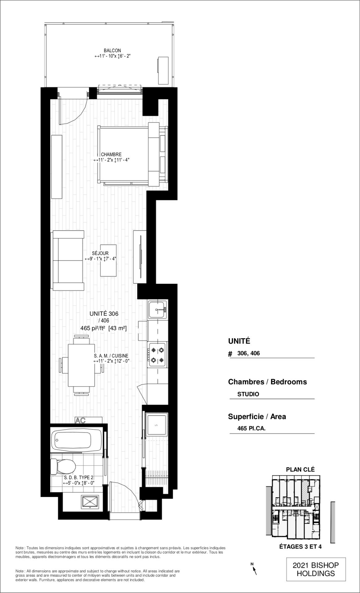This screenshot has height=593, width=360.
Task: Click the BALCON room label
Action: (112, 51)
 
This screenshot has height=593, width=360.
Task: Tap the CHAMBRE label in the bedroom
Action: (111, 154)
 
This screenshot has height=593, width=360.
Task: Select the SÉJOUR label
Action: (100, 253)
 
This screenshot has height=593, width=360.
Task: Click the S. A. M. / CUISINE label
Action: (111, 356)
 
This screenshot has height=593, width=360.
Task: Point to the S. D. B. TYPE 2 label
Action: (79, 478)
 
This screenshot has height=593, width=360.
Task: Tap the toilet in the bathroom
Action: (63, 466)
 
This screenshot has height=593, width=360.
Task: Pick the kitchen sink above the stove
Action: (158, 310)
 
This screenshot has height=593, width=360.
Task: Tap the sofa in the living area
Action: (68, 260)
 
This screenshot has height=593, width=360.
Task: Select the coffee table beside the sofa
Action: (108, 261)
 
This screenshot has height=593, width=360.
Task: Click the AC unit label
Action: (80, 420)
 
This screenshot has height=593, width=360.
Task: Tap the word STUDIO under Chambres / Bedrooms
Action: (248, 394)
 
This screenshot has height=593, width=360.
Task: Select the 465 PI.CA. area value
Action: (251, 428)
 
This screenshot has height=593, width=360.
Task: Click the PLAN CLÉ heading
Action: (300, 470)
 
